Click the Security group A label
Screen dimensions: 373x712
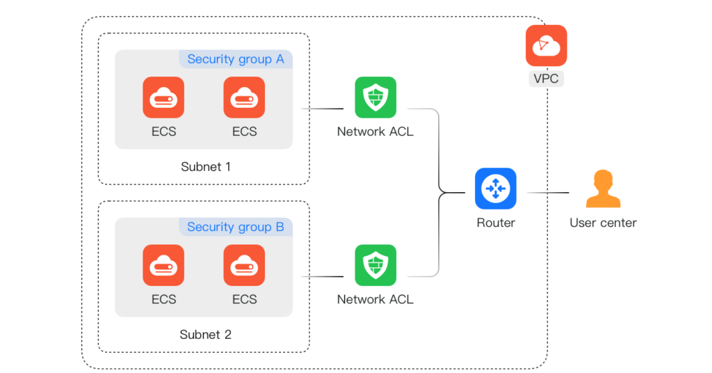tap(236, 59)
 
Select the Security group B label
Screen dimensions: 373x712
tap(236, 227)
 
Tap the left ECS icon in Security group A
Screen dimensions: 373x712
tap(163, 97)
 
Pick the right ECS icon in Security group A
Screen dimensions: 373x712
tap(244, 97)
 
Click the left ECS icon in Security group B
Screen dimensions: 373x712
tap(163, 265)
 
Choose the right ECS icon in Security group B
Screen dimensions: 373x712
tap(244, 265)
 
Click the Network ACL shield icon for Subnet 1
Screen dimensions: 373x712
tap(375, 97)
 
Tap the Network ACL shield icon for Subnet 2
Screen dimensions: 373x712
tap(375, 265)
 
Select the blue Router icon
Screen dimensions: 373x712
tap(496, 188)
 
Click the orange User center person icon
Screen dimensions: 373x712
tap(603, 189)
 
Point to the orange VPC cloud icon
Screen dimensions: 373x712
tap(546, 45)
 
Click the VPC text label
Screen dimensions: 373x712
tap(546, 79)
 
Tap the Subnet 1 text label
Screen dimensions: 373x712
tap(206, 167)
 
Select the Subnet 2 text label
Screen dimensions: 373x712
tap(206, 335)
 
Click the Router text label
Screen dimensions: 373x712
tap(496, 223)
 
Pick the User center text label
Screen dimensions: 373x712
tap(603, 223)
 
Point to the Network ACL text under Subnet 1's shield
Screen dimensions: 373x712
tap(375, 132)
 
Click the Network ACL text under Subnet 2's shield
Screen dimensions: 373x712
tap(375, 299)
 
